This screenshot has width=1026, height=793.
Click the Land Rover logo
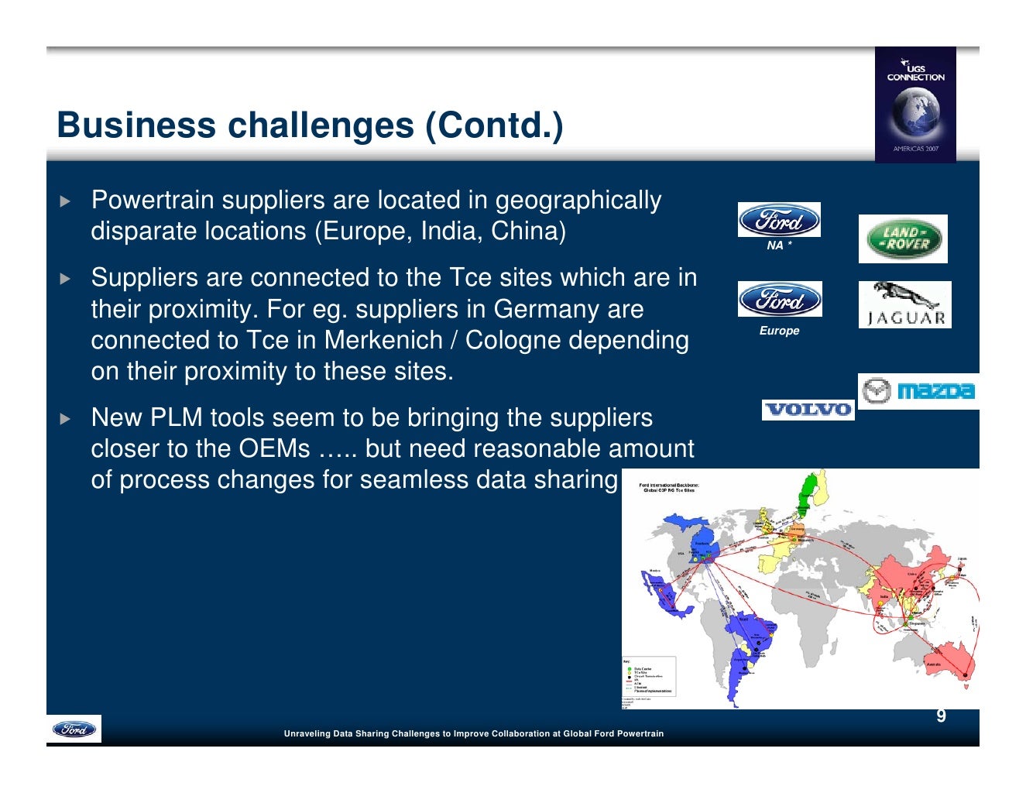coord(903,239)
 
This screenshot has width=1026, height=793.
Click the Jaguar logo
coord(904,304)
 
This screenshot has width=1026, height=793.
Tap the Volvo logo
coord(808,410)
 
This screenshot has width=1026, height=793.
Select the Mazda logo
coord(918,391)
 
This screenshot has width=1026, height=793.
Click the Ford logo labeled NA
coord(779,221)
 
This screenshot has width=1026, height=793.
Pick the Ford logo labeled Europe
coord(779,300)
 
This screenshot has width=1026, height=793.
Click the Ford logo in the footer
coord(74,729)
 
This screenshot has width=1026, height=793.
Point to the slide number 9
coord(941,716)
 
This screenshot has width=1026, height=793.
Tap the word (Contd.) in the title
coord(494,125)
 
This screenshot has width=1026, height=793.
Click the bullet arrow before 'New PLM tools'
coord(65,419)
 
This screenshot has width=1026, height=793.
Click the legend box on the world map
coord(649,677)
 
